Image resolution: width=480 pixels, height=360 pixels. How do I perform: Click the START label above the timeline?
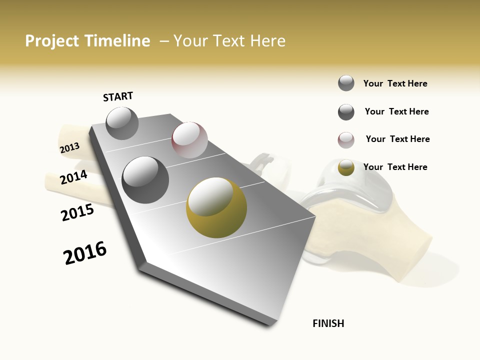coord(118,96)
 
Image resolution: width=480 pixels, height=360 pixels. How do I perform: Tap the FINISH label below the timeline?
coord(328,323)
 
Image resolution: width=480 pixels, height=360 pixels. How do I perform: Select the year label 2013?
coord(69,148)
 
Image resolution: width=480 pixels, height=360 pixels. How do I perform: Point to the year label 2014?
coord(73,177)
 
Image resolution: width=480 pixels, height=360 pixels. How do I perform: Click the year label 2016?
coord(85,253)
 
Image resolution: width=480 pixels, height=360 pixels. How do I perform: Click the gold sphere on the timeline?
coord(216,207)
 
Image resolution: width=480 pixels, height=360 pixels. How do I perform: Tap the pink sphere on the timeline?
coord(189,140)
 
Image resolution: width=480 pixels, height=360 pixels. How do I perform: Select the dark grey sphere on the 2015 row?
coord(145,180)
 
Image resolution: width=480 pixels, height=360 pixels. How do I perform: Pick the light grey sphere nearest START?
coord(122,123)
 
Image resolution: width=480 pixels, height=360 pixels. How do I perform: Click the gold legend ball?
coord(346,167)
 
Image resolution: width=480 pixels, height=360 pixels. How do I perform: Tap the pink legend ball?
coord(346,140)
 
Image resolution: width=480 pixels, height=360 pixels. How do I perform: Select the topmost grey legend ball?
coord(346,83)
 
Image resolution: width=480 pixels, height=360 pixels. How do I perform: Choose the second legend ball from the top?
coord(346,112)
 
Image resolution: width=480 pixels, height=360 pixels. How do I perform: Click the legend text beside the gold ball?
coord(395,167)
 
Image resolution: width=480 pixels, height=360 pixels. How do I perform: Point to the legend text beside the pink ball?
coord(397,139)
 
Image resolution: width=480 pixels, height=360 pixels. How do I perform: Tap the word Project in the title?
coord(52,41)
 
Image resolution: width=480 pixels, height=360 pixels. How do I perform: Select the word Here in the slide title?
coord(267,41)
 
